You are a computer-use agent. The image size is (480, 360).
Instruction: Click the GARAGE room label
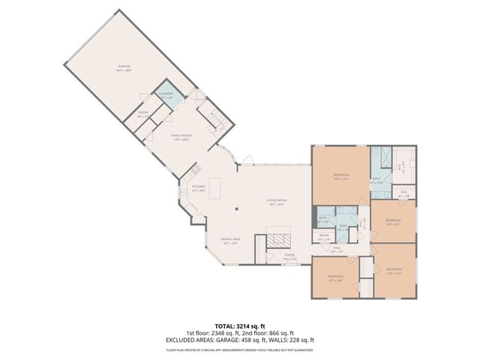coord(124,67)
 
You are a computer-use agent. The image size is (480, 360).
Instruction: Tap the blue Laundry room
coord(166,97)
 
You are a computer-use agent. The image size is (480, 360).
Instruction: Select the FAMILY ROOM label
coord(183,137)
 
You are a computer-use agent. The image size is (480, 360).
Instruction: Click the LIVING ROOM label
coord(277,201)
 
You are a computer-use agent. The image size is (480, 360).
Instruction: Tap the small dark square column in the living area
coord(237,210)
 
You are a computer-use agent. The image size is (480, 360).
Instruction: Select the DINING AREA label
coord(229,241)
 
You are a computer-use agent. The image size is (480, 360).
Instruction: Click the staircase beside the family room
coord(214,120)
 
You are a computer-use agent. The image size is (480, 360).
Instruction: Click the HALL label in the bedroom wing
coord(337,249)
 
